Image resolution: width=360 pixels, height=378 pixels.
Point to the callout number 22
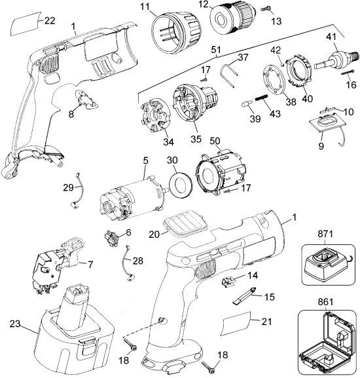pos(50,22)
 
